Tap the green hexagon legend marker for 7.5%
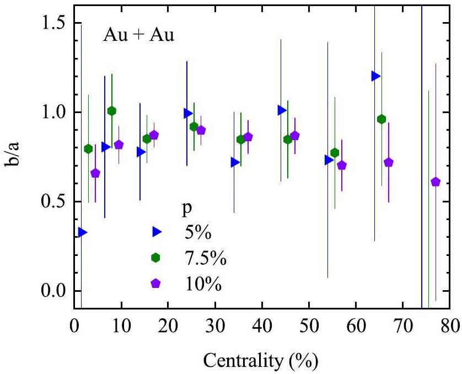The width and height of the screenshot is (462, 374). pyautogui.click(x=156, y=258)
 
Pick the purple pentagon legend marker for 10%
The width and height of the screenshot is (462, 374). pyautogui.click(x=156, y=284)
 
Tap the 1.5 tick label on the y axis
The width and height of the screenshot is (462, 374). pyautogui.click(x=53, y=23)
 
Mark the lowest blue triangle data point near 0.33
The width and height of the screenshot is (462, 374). pyautogui.click(x=82, y=232)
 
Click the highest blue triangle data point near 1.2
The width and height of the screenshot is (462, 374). pyautogui.click(x=376, y=76)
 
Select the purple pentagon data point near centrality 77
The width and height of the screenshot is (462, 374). pyautogui.click(x=436, y=182)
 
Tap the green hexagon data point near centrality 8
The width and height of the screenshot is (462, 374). pyautogui.click(x=112, y=111)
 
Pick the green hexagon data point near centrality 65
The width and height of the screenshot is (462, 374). pyautogui.click(x=382, y=119)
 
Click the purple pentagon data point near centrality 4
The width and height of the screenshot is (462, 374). pyautogui.click(x=95, y=173)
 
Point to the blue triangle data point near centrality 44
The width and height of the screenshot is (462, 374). pyautogui.click(x=282, y=110)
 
